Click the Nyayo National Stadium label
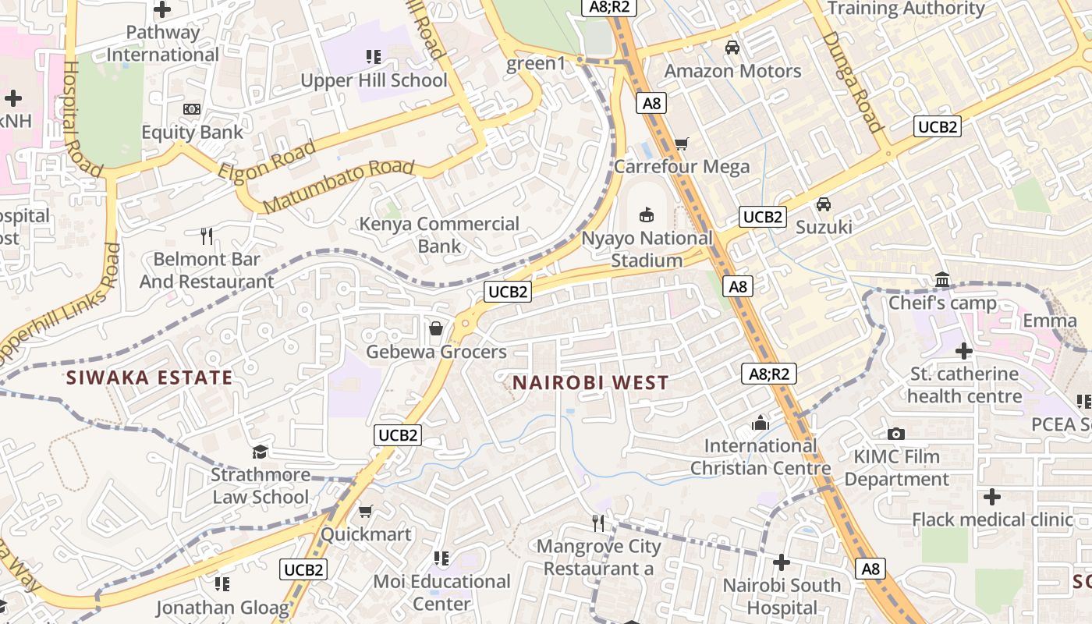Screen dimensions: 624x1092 pos(647,249)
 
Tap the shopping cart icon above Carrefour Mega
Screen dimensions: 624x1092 pos(681,144)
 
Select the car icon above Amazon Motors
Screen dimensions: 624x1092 pos(732,48)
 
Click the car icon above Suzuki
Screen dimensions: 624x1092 pos(823,204)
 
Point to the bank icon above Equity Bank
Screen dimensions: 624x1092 pos(191,109)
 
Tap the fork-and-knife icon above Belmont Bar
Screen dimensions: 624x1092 pos(207,236)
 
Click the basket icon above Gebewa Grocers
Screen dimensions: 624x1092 pos(436,328)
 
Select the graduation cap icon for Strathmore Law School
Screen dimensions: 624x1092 pos(260,452)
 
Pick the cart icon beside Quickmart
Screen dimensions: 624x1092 pos(365,512)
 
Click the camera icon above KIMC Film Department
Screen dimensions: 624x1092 pos(896,434)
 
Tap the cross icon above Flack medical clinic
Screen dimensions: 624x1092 pos(991,496)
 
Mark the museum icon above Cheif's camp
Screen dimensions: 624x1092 pos(942,279)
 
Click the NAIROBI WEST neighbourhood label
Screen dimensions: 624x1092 pos(590,382)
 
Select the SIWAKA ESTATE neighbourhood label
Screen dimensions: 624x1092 pos(149,378)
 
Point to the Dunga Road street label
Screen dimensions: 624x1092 pos(852,81)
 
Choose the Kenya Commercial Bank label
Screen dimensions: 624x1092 pos(438,235)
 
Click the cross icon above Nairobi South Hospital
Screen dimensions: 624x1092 pos(782,562)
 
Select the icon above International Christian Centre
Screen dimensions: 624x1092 pos(760,423)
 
